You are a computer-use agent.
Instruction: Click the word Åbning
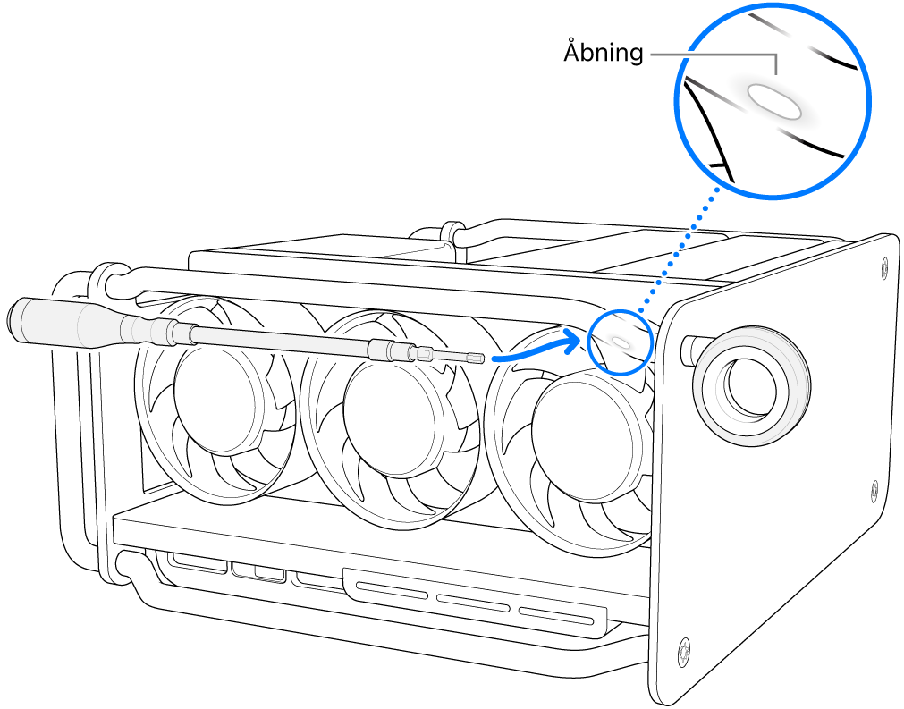point(603,53)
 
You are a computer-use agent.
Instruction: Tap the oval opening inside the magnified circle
point(775,101)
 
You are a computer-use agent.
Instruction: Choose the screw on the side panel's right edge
point(874,488)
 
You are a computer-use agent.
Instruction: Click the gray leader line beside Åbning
point(715,54)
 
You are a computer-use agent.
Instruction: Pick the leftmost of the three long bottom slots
point(393,588)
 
